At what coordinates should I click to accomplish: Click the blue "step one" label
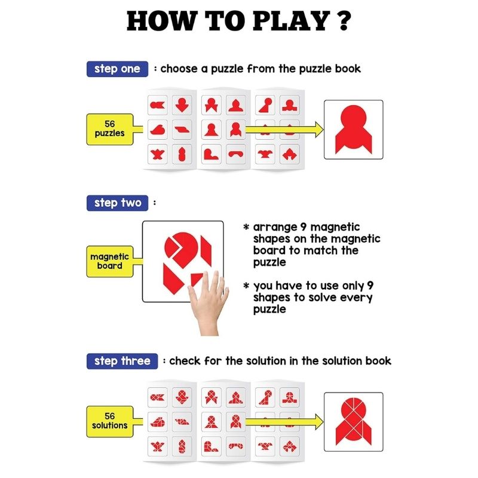point(117,69)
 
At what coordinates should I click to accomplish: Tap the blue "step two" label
point(117,203)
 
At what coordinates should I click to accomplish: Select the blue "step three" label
point(122,361)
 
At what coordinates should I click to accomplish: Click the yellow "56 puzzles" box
point(110,129)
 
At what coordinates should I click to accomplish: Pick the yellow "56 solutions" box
point(110,421)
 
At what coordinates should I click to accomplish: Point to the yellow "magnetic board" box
point(110,261)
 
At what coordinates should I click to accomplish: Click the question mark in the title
point(344,21)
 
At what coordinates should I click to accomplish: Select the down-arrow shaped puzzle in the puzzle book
point(182,105)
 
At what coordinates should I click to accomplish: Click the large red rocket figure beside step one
point(354,129)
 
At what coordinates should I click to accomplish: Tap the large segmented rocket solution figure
point(354,422)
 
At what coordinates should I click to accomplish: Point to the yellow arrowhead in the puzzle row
point(319,130)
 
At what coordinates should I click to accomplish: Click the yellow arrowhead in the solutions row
point(319,422)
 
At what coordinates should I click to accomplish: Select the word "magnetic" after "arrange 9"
point(335,228)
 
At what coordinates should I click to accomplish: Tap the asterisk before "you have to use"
point(246,286)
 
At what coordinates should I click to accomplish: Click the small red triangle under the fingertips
point(195,278)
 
